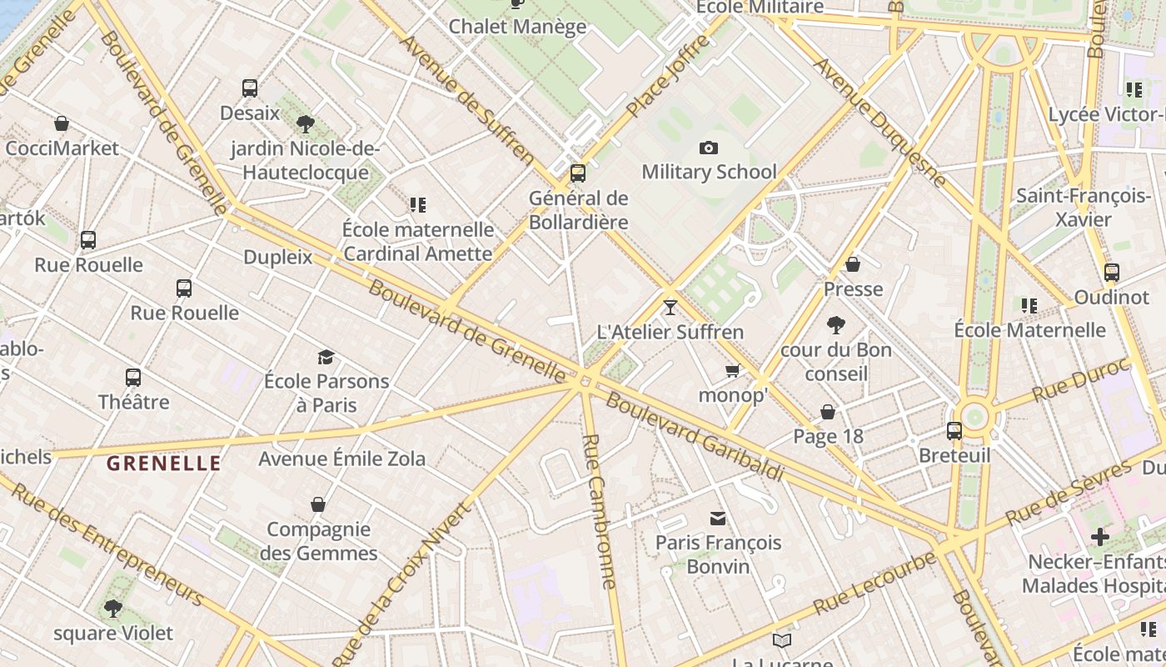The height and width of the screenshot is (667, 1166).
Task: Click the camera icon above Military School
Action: pyautogui.click(x=709, y=148)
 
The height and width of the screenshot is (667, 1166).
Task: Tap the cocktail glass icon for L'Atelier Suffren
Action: pyautogui.click(x=670, y=308)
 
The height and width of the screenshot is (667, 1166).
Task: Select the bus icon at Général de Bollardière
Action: pyautogui.click(x=577, y=173)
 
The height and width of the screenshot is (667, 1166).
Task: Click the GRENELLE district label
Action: pyautogui.click(x=164, y=464)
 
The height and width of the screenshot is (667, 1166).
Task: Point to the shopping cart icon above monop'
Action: pyautogui.click(x=732, y=371)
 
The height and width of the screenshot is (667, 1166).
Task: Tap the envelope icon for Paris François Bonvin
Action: pyautogui.click(x=717, y=519)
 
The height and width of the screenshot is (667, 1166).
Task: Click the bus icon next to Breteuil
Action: pyautogui.click(x=954, y=431)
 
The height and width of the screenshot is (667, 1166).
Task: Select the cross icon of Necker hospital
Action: pyautogui.click(x=1100, y=537)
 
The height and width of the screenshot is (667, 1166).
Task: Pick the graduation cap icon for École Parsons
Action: pyautogui.click(x=326, y=357)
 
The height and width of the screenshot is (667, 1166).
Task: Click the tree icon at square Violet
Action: pyautogui.click(x=112, y=609)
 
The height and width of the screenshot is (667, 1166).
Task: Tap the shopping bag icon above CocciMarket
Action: pyautogui.click(x=61, y=124)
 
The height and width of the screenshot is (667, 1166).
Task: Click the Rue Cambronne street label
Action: pyautogui.click(x=600, y=512)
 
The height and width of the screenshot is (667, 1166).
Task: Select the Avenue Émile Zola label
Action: pyautogui.click(x=341, y=459)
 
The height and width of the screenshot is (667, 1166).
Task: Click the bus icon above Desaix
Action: pyautogui.click(x=249, y=88)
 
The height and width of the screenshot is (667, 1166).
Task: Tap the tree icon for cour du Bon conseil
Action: pyautogui.click(x=836, y=325)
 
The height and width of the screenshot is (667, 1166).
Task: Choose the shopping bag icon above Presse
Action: pyautogui.click(x=853, y=265)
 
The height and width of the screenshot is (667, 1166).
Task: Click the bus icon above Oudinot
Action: pyautogui.click(x=1111, y=273)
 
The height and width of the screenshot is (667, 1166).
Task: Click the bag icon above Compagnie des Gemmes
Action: pyautogui.click(x=317, y=504)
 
